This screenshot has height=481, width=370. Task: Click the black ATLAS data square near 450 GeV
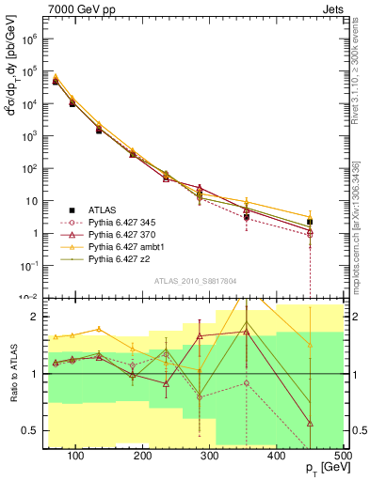pos(310,223)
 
